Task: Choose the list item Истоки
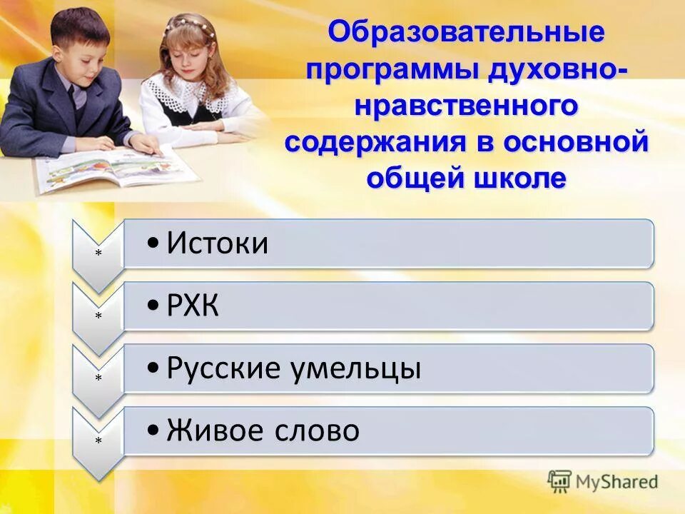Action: pos(218,244)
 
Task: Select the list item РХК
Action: pos(193,307)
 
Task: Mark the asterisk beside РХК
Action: pos(98,316)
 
